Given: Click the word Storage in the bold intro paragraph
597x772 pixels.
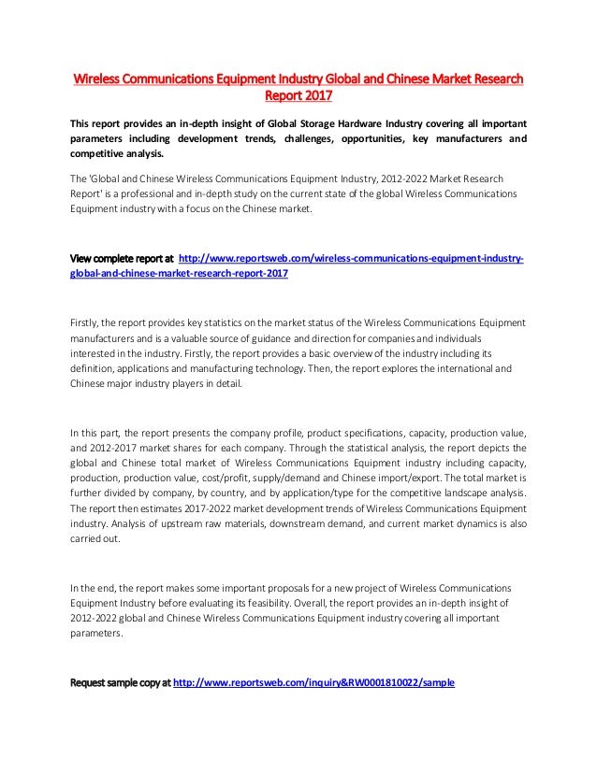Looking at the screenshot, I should tap(317, 124).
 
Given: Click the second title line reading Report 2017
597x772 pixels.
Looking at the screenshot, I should tap(298, 94).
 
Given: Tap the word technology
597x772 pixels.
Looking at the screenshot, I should tap(316, 369).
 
